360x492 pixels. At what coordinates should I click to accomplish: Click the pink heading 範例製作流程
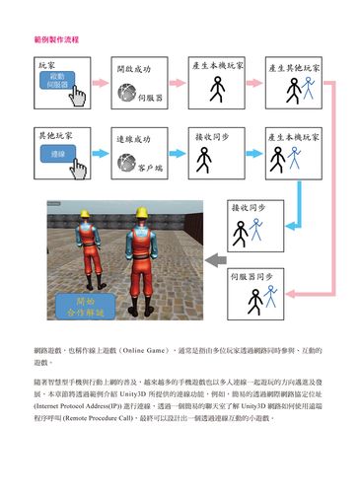click(56, 40)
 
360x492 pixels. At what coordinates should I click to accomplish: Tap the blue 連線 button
click(57, 155)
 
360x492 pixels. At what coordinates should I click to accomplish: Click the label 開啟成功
click(133, 71)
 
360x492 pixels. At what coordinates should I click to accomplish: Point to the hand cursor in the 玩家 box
click(79, 95)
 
